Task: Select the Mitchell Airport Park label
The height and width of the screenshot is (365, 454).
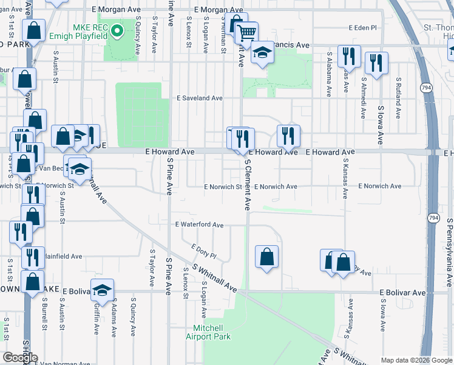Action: coord(208,332)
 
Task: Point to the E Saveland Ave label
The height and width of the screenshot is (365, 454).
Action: coord(200,98)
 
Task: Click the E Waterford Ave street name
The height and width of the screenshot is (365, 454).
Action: coord(199,225)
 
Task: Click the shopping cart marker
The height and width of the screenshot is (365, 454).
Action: coord(246,32)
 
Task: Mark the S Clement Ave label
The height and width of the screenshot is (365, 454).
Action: coord(248,185)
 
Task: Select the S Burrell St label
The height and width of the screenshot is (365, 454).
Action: coord(44,313)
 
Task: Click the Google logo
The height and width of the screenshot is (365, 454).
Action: coord(20,358)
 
